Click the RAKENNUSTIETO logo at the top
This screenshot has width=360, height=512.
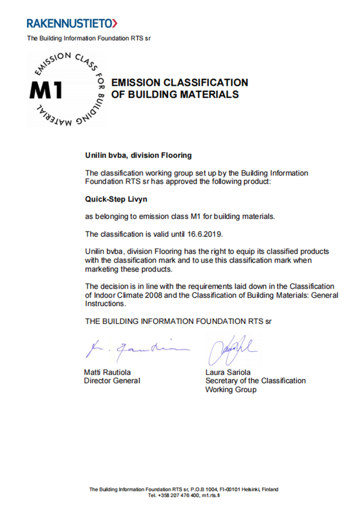71,23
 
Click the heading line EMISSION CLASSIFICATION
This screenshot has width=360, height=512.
179,83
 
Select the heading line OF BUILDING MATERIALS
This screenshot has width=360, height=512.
175,95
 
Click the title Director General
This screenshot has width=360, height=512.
112,381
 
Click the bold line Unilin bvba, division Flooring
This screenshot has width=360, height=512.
138,155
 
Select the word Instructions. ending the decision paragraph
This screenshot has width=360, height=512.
106,305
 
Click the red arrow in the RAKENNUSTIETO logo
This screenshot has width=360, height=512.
115,23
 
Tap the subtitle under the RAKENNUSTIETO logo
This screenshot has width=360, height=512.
89,38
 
